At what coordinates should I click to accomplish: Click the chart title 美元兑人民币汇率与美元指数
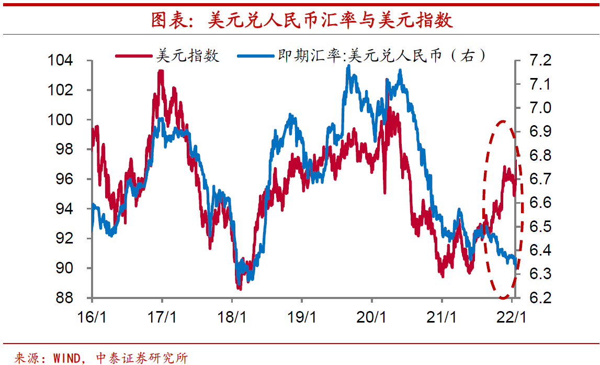(302, 21)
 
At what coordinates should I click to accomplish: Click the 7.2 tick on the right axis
(539, 61)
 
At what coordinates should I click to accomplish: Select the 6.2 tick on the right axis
(539, 298)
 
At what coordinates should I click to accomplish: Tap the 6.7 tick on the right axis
(539, 179)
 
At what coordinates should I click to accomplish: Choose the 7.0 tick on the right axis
(539, 108)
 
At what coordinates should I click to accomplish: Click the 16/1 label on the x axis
(92, 317)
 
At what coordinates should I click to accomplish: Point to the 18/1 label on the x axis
(232, 317)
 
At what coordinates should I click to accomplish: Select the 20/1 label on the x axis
(372, 317)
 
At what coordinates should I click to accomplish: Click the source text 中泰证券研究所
(142, 358)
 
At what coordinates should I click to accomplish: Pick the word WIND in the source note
(69, 358)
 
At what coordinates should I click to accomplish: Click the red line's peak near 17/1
(161, 71)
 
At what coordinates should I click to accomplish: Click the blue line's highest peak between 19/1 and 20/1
(348, 67)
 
